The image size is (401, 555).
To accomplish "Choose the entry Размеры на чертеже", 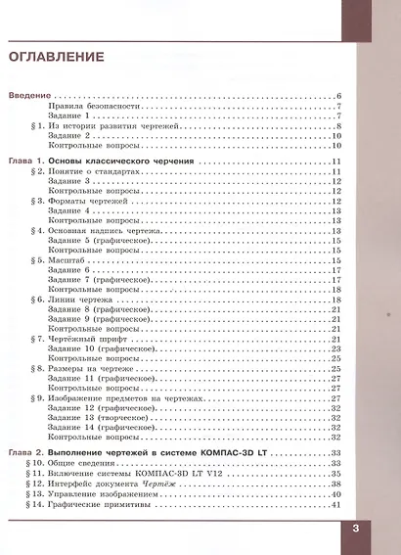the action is (91, 368).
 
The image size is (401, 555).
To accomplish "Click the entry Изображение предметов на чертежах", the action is (118, 398).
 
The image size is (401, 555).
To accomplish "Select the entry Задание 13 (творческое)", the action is (97, 418).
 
